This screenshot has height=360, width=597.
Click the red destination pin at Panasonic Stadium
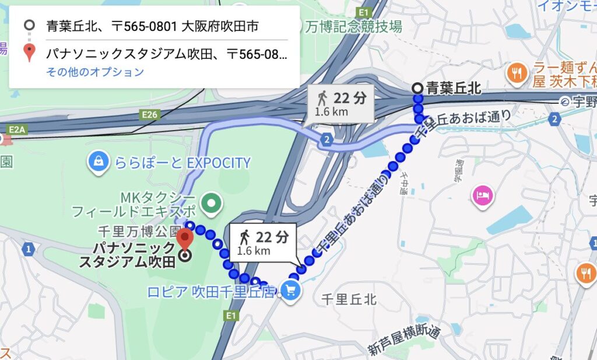pos(185,239)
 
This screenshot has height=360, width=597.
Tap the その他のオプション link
pos(94,72)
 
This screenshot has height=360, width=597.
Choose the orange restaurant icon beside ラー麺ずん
pos(516,72)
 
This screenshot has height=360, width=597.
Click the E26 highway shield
pos(150,115)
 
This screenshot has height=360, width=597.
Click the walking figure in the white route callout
pos(245,236)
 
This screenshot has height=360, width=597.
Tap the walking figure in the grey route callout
pos(322,97)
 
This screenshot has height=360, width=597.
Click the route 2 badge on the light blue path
pos(327,139)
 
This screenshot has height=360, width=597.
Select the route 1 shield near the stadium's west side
pos(27,249)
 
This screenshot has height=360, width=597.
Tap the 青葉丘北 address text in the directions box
pos(153,26)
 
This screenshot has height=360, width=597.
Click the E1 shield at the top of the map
pos(366,11)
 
